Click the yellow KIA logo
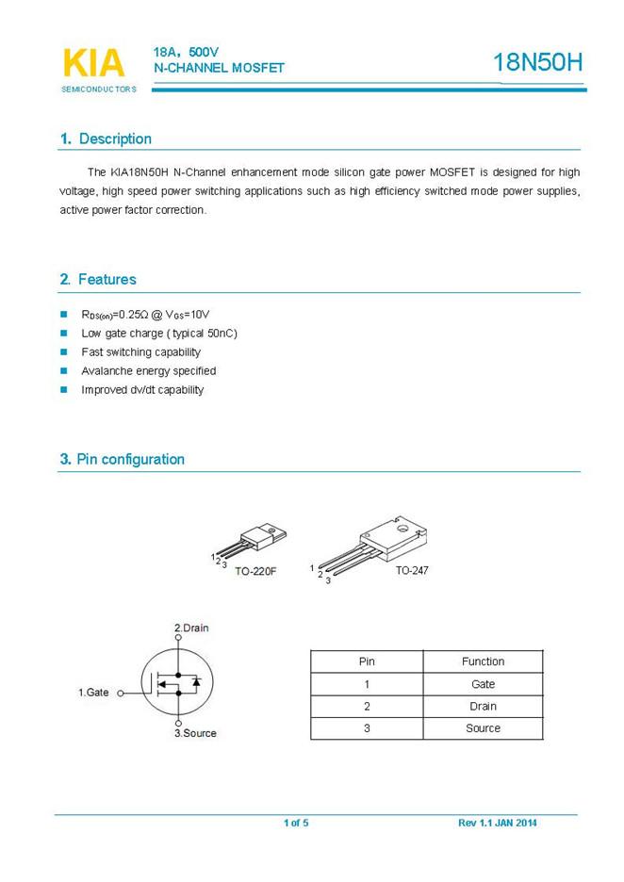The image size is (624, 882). (x=93, y=63)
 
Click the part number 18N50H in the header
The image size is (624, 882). (x=538, y=63)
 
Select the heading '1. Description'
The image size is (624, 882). (x=106, y=139)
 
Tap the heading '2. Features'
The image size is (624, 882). (x=98, y=280)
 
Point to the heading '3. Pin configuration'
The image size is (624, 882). (x=123, y=460)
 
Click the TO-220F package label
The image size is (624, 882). (x=255, y=572)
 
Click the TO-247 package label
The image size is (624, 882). (x=412, y=571)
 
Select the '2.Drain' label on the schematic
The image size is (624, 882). (x=191, y=628)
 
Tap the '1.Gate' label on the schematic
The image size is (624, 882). (x=93, y=693)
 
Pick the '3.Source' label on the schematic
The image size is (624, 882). (x=195, y=733)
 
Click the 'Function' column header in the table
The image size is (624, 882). (x=483, y=661)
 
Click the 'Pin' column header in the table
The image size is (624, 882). (x=367, y=661)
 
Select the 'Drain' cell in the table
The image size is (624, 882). (x=483, y=706)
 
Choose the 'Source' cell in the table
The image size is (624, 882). (x=483, y=728)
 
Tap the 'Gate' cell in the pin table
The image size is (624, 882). (x=483, y=684)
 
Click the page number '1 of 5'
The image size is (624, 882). (x=296, y=824)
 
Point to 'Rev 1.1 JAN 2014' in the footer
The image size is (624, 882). (x=498, y=824)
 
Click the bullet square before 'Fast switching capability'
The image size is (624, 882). (x=64, y=352)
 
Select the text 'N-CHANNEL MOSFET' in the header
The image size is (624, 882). (x=219, y=68)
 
